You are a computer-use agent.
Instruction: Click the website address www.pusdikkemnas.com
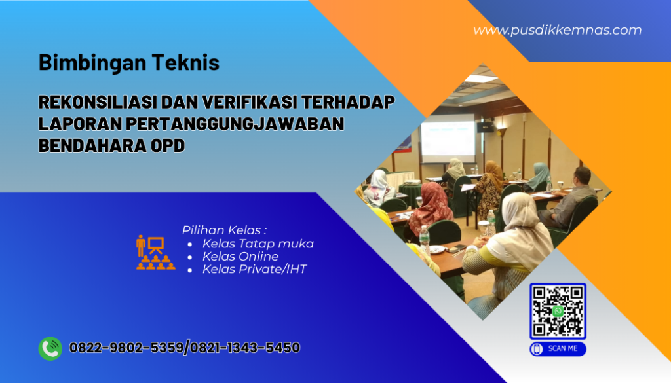pos(557,30)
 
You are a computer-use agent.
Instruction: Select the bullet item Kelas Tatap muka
pos(258,244)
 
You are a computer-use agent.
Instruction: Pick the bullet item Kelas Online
pos(240,256)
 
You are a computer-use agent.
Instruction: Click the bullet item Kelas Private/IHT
pos(254,269)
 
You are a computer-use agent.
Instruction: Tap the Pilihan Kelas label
pos(224,230)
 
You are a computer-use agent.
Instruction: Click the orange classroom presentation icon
pos(155,252)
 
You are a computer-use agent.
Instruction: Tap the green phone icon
pos(50,348)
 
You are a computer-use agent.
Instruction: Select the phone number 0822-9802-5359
pos(127,348)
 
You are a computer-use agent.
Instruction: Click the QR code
pos(558,311)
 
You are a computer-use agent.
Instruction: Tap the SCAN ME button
pos(558,348)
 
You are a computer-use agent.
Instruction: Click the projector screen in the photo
pos(448,137)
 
